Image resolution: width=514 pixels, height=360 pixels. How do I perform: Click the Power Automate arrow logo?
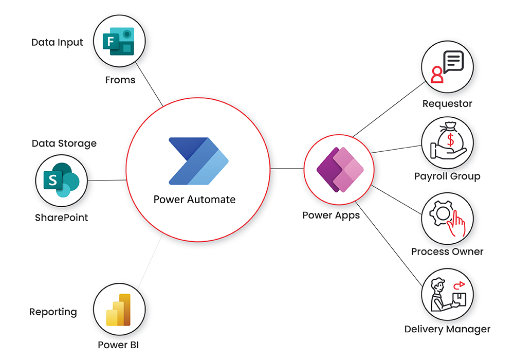point(198,161)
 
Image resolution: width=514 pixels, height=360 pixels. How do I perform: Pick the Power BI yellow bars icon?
point(119,310)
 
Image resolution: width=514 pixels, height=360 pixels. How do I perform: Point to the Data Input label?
point(57,42)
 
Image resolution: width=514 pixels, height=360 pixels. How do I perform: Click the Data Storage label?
point(64,143)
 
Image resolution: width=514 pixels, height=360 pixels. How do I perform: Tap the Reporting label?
point(53,312)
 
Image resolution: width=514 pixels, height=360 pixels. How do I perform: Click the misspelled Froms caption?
point(120,80)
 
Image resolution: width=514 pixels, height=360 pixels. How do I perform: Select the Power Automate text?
point(194,199)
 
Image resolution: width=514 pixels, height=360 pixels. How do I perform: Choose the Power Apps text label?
point(331,215)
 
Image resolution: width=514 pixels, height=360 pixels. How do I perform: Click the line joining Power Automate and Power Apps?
point(286,168)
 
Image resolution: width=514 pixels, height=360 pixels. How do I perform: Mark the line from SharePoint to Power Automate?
point(107,180)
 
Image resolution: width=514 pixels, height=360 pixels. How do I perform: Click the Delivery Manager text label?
point(447,329)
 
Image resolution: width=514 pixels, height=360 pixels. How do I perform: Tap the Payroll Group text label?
point(447,176)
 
